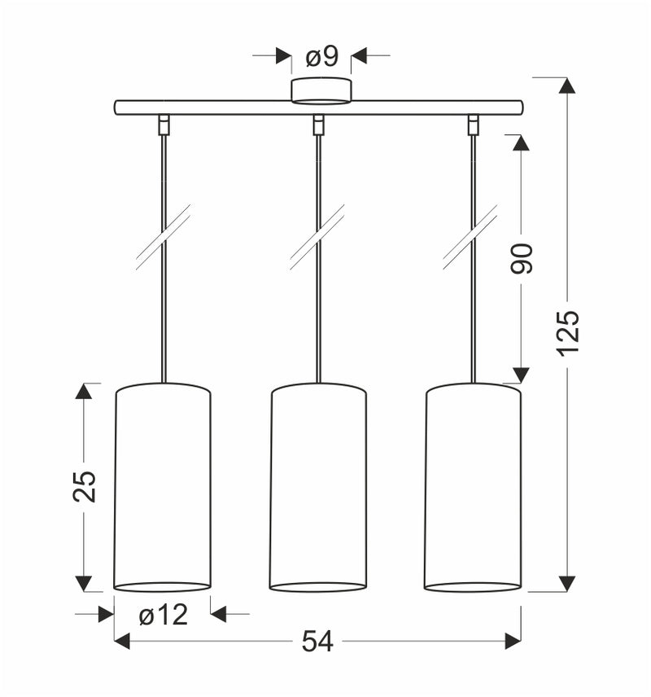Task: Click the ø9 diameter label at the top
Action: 321,57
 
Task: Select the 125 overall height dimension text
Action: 567,331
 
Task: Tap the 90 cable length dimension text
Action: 522,258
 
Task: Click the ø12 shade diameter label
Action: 163,615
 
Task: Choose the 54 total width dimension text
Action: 317,642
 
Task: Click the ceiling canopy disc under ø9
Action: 321,91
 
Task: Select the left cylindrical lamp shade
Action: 163,486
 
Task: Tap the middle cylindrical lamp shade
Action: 318,486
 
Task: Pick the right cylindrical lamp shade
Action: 473,486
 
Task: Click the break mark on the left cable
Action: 164,237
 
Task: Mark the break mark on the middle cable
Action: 317,237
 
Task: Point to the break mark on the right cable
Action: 471,237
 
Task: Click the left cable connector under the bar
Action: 164,125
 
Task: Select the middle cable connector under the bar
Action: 318,125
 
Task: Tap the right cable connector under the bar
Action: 472,125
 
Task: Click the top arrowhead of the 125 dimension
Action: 567,85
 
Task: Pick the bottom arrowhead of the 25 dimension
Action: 84,583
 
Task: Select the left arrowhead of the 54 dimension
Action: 122,642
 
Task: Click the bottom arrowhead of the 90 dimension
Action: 522,375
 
